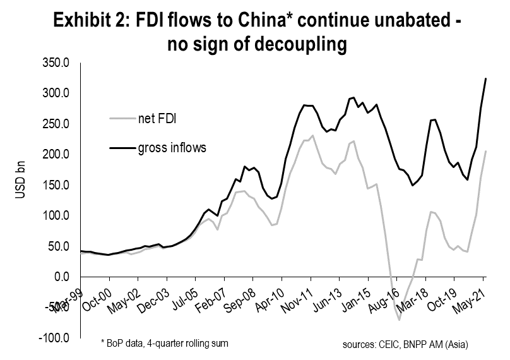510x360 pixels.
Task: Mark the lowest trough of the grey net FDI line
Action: click(x=400, y=320)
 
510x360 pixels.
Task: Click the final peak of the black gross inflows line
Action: click(x=485, y=78)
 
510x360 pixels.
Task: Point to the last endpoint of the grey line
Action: click(x=485, y=151)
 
